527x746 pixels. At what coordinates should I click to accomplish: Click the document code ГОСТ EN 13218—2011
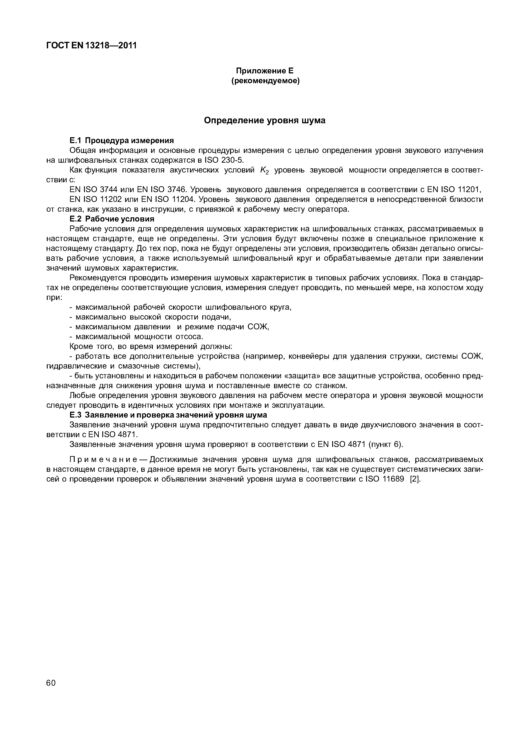91,46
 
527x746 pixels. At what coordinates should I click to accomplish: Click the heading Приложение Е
265,71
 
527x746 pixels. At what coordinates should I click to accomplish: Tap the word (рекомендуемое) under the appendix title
265,81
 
